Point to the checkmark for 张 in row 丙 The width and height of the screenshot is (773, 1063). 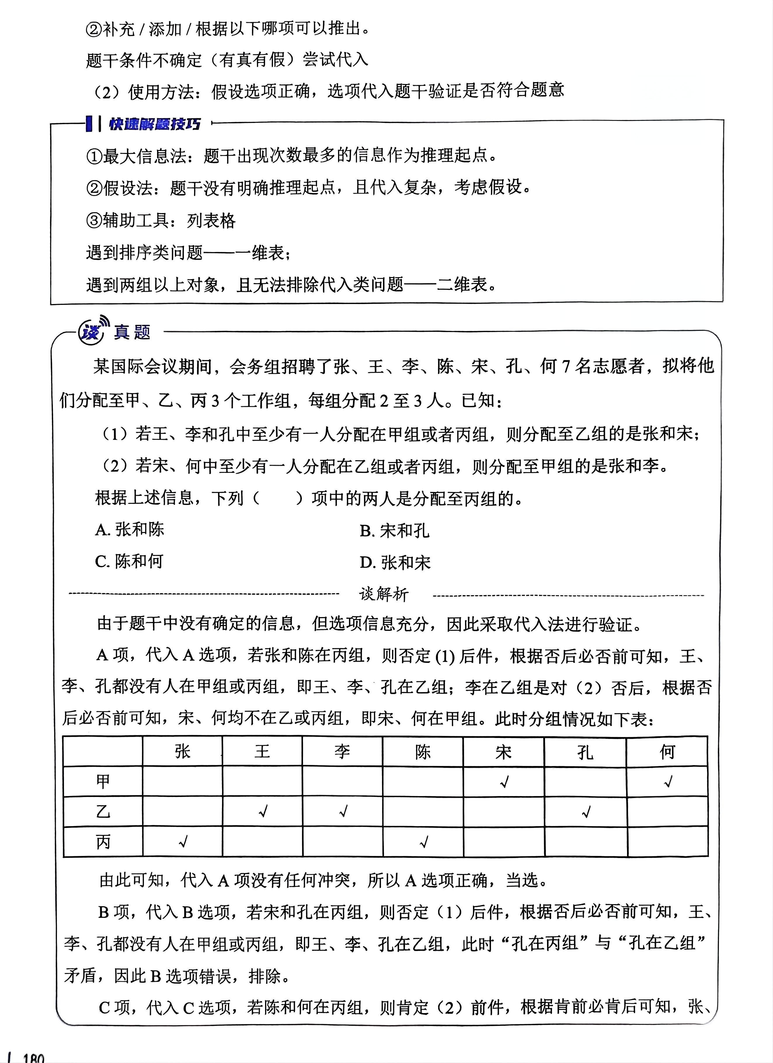[183, 842]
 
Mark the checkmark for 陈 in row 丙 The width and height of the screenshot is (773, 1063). [424, 842]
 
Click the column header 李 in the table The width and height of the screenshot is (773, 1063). [342, 752]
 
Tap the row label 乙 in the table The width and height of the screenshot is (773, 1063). [103, 811]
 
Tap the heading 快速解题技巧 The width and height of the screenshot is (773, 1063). [155, 124]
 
